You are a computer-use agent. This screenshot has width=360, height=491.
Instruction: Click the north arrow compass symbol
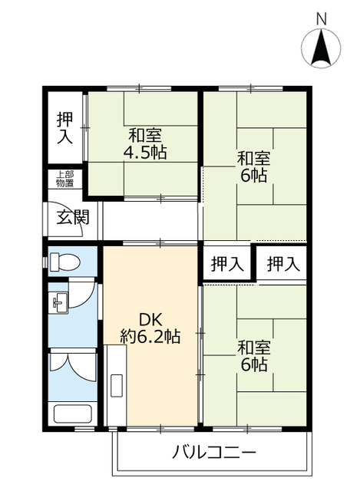(321, 48)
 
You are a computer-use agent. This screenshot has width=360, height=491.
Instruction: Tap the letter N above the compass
(321, 18)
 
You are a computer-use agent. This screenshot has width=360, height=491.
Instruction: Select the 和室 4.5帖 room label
(145, 144)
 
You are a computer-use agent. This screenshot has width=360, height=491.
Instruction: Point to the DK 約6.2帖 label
(150, 328)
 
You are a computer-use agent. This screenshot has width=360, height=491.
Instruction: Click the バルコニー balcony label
(215, 453)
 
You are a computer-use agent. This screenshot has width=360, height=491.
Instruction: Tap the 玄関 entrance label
(73, 217)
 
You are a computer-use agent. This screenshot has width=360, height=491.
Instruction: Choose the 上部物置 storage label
(64, 179)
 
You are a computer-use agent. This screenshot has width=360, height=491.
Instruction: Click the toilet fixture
(64, 262)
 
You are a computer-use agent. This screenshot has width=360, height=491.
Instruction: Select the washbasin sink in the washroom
(58, 303)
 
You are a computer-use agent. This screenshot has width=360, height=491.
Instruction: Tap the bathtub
(72, 414)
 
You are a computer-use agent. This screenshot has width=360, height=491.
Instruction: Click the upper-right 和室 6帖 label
(253, 167)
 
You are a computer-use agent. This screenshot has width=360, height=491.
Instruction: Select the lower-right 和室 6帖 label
(253, 356)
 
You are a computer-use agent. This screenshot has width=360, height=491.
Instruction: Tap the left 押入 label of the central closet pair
(227, 264)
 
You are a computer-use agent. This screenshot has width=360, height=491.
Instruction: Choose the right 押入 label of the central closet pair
(283, 264)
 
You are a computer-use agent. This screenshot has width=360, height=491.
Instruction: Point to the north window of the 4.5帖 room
(139, 89)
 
